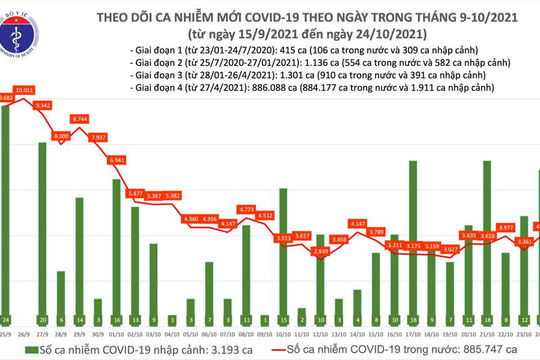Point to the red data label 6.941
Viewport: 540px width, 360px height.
[x=117, y=159]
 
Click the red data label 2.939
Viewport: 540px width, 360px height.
[x=321, y=252]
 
